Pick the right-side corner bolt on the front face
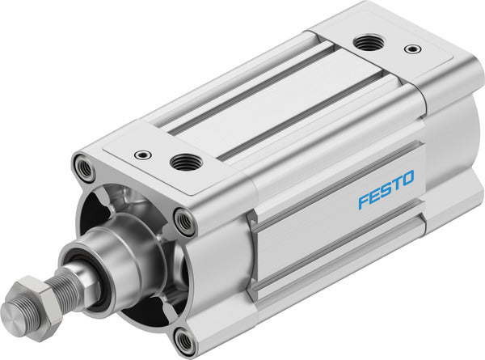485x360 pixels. click(x=183, y=222)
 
